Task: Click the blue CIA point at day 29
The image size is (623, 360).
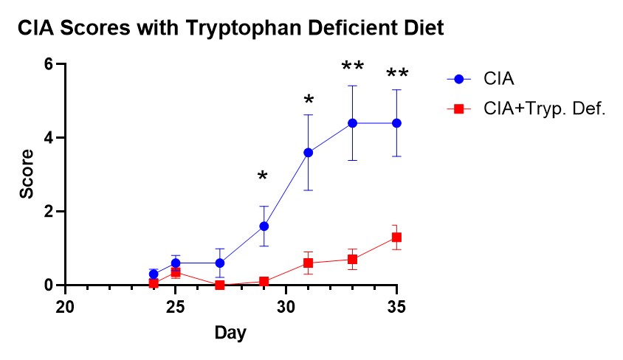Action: click(x=264, y=226)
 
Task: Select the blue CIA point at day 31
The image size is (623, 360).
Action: click(x=308, y=152)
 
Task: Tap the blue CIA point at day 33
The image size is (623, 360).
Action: click(x=353, y=122)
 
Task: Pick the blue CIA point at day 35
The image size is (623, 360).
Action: click(x=396, y=122)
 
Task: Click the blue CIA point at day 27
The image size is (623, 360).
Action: click(x=219, y=263)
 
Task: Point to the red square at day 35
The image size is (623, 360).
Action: click(x=396, y=237)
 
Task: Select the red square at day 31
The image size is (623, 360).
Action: click(x=308, y=263)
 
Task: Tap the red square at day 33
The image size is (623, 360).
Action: click(x=353, y=259)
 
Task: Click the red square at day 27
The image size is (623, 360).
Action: click(x=219, y=285)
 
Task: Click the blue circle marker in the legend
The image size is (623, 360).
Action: click(x=458, y=78)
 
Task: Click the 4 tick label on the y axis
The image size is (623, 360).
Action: click(x=48, y=138)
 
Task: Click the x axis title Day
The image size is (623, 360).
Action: click(x=230, y=333)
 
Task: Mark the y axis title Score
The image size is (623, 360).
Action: click(x=27, y=174)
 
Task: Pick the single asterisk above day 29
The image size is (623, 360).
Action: click(x=264, y=176)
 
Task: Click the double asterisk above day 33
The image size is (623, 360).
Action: click(x=353, y=67)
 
